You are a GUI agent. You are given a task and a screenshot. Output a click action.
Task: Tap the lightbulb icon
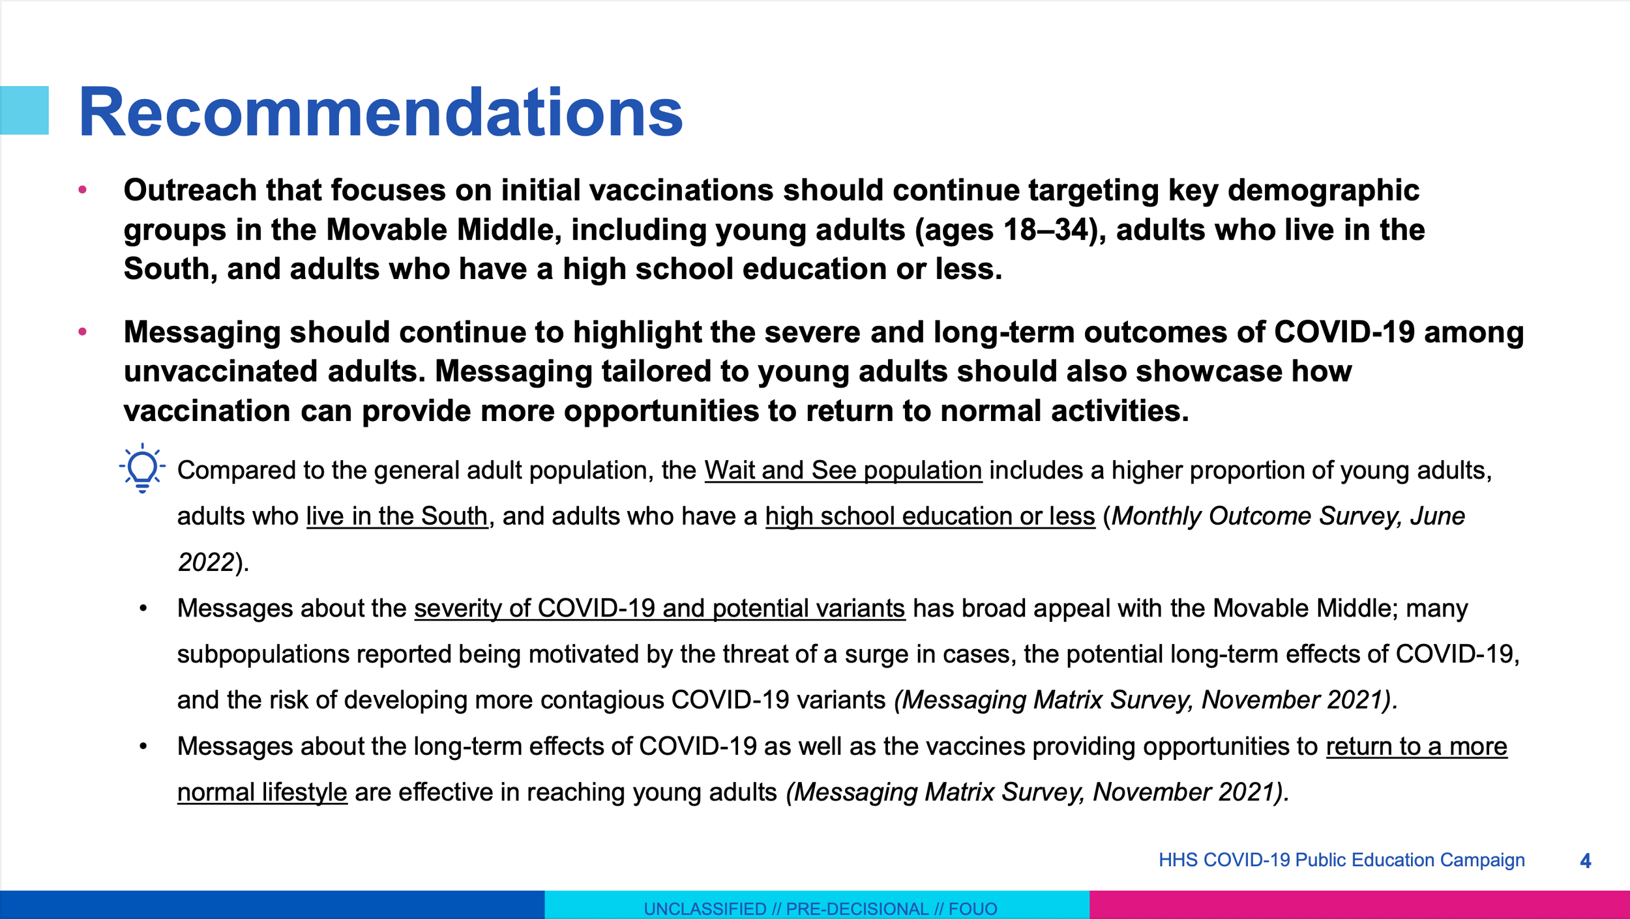click(x=142, y=469)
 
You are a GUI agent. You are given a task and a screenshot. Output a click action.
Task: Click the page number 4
click(x=1586, y=861)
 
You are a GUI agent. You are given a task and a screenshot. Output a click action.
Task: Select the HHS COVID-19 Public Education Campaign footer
click(x=1342, y=860)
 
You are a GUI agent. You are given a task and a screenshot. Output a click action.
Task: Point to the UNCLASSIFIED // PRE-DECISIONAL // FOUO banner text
click(x=820, y=909)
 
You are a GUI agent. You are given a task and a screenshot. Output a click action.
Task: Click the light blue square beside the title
click(x=24, y=110)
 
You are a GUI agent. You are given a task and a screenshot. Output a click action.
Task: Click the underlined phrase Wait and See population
click(x=843, y=470)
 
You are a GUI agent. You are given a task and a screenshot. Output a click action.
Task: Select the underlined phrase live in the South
click(x=397, y=516)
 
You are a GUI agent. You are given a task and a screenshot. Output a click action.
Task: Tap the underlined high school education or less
click(x=930, y=516)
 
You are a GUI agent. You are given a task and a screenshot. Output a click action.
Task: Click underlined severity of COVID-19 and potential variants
click(x=660, y=608)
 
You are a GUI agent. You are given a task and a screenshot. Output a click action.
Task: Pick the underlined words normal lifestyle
click(x=262, y=792)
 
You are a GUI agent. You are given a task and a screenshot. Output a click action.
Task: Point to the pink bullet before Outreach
click(x=83, y=190)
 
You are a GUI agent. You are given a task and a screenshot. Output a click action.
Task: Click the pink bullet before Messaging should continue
click(x=83, y=332)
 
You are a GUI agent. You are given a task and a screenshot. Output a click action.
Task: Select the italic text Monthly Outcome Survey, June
click(x=1288, y=516)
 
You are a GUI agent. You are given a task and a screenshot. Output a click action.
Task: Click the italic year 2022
click(x=206, y=562)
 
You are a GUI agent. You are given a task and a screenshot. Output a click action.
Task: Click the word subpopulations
click(x=263, y=654)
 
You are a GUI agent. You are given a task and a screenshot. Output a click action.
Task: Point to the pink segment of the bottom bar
click(x=1359, y=905)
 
